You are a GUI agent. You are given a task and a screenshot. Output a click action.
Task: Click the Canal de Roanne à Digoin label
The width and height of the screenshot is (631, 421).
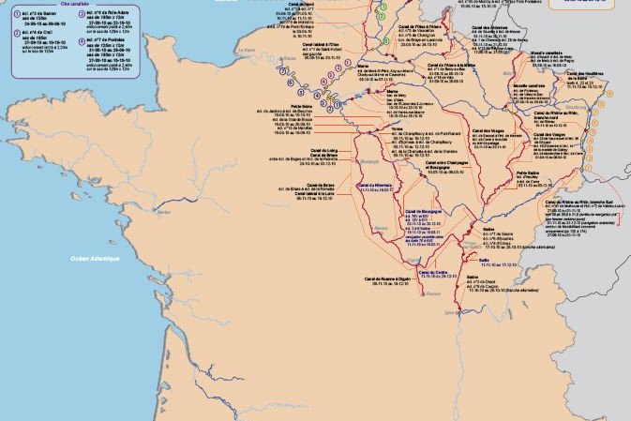click(x=390, y=278)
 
